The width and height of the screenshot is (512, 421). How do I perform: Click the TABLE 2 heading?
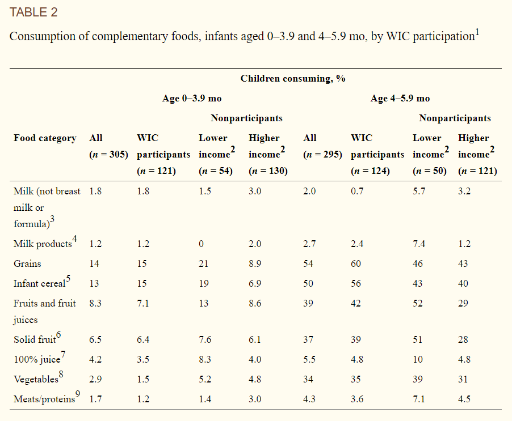tap(33, 12)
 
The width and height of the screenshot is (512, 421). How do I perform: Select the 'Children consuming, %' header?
tap(292, 78)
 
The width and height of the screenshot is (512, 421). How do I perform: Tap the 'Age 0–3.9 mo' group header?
tap(192, 98)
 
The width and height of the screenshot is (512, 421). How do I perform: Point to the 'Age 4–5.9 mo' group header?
tap(400, 98)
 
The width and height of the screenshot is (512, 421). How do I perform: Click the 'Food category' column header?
tap(45, 138)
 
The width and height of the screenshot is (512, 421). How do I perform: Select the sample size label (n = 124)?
tap(370, 171)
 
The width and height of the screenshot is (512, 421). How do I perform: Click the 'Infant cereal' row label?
tap(39, 284)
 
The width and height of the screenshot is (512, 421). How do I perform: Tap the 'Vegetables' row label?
tap(36, 379)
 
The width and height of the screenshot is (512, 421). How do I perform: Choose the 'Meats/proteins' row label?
tap(44, 399)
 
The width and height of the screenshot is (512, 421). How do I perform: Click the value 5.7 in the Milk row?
tap(419, 191)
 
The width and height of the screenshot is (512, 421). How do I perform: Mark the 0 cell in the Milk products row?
tap(201, 244)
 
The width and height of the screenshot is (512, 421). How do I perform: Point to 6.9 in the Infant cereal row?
tap(255, 283)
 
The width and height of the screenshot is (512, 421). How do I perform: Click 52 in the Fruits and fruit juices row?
tap(418, 303)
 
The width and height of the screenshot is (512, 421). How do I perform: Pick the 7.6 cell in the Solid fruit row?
tap(205, 339)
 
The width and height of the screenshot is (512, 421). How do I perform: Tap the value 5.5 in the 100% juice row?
tap(309, 359)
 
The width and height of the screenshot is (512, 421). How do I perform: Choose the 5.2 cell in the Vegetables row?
tap(205, 379)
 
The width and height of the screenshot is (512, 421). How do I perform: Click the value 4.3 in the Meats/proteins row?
tap(309, 399)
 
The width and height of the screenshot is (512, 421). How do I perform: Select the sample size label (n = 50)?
tap(430, 171)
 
